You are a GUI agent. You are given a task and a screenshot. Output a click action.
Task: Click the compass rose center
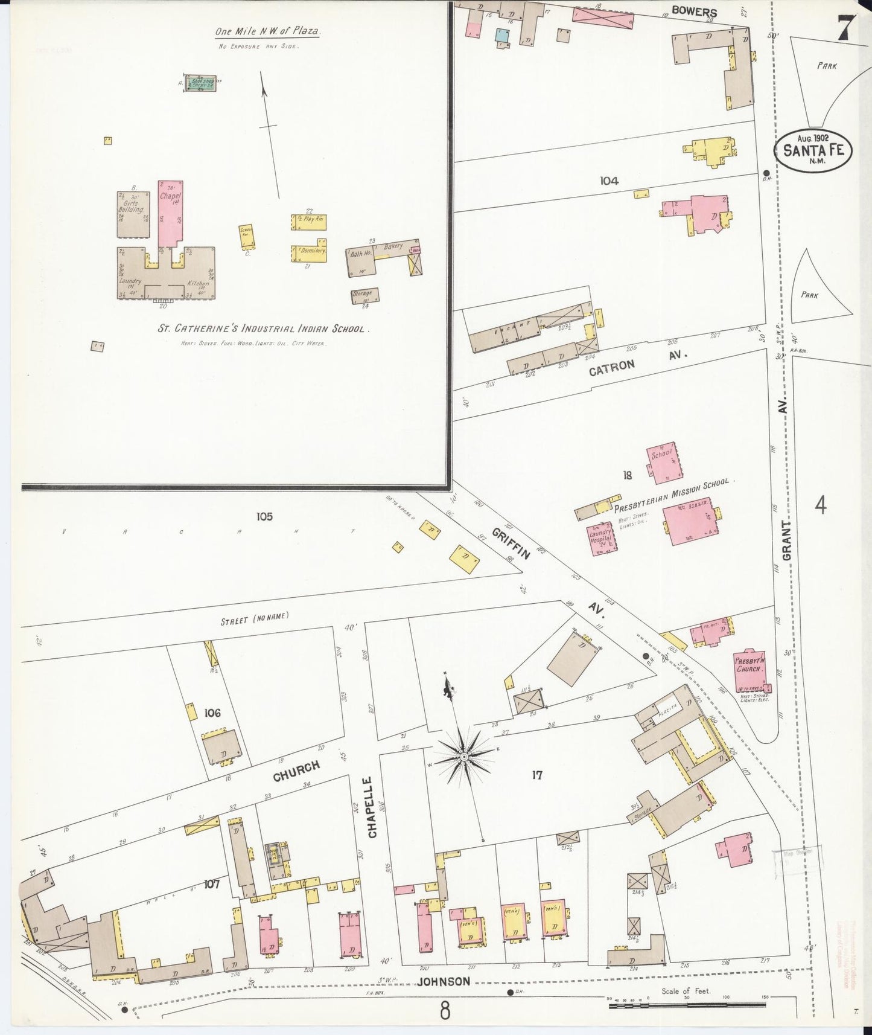[x=464, y=756]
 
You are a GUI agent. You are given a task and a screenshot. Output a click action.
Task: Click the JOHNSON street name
[x=443, y=981]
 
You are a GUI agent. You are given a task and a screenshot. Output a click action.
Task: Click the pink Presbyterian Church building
[x=750, y=671]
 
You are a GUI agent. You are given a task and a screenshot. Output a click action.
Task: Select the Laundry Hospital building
[x=600, y=538]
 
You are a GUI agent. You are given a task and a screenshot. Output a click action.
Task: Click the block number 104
[x=609, y=180]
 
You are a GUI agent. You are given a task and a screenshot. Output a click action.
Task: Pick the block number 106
[x=212, y=713]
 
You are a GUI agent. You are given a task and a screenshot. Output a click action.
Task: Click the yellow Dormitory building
[x=310, y=252]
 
